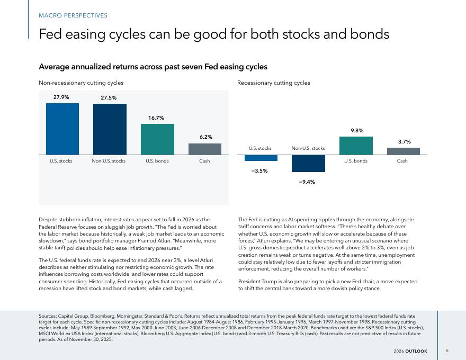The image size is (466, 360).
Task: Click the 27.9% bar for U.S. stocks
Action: click(62, 129)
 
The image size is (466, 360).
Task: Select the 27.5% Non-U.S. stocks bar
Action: click(110, 129)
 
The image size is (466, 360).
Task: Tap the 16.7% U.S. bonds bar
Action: click(157, 139)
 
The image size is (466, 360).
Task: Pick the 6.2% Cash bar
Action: click(205, 149)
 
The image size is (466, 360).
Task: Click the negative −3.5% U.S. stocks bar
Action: click(261, 158)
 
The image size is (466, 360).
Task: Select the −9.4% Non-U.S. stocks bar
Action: click(308, 164)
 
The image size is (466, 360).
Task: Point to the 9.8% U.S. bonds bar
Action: click(356, 146)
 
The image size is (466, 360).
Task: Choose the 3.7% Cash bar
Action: click(404, 151)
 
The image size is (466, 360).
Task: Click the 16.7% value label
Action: click(156, 118)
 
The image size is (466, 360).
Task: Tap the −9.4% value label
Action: click(307, 182)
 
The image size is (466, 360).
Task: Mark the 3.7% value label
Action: click(405, 141)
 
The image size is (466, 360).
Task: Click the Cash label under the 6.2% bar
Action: click(204, 161)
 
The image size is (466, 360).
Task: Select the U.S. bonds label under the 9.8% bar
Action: click(356, 161)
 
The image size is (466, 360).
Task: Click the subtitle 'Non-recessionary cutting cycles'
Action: click(81, 83)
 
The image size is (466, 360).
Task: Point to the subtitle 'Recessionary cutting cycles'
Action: click(274, 83)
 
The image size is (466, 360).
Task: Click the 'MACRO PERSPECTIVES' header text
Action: click(73, 15)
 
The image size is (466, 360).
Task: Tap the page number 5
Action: click(447, 350)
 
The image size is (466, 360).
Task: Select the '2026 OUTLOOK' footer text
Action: click(410, 351)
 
